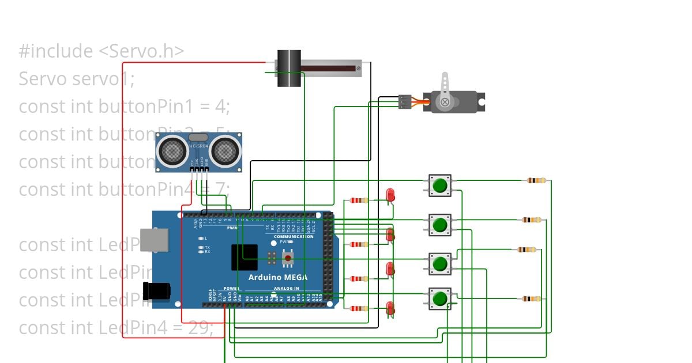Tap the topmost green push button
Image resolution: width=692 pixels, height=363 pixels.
[x=440, y=186]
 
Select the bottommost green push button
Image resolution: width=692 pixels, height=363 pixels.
[x=440, y=298]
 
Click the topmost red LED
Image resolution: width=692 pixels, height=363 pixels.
[x=390, y=195]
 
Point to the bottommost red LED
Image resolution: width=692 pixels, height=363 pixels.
[x=390, y=308]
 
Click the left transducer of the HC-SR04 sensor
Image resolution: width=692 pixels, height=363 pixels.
[x=172, y=151]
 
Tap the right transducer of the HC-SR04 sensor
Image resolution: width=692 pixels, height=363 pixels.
[x=223, y=151]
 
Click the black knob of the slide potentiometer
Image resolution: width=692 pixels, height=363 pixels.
[x=289, y=68]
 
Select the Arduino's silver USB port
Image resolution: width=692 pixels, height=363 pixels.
[x=155, y=240]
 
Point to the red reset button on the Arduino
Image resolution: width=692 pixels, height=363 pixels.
[x=287, y=258]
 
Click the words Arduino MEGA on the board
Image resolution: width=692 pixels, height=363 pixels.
[x=277, y=277]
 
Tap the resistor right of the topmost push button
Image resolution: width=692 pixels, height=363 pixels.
[x=536, y=181]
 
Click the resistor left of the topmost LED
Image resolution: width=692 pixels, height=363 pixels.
[x=359, y=201]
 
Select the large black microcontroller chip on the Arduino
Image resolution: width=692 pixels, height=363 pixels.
[x=245, y=258]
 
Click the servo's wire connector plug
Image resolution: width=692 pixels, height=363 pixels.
[x=405, y=102]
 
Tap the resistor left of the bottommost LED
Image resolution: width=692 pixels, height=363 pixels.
[x=359, y=308]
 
